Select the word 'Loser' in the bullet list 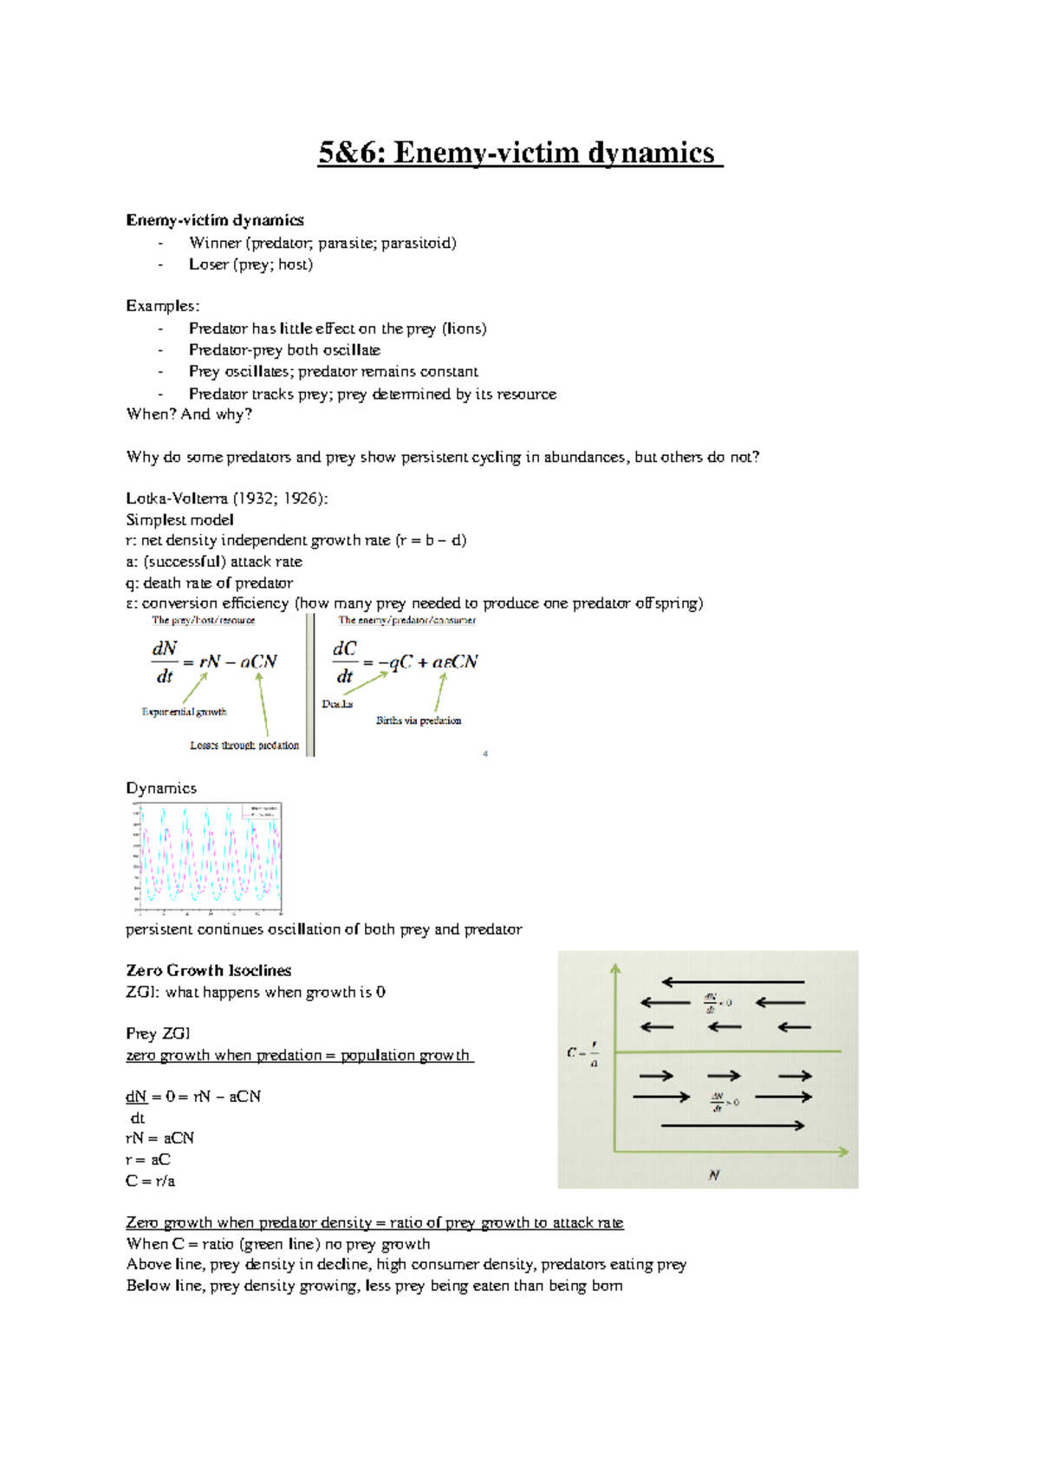pos(209,265)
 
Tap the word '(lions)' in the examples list pos(464,329)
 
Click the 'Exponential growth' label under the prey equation pos(184,713)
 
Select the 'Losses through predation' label pos(244,746)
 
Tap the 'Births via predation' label pos(419,720)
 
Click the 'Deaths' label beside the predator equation pos(337,704)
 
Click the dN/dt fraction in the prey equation pos(165,662)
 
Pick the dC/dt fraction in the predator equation pos(345,662)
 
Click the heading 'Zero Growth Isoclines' pos(208,971)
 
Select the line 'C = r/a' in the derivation pos(150,1182)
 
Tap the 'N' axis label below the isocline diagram pos(714,1176)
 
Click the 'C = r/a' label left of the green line pos(582,1053)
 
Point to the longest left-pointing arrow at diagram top pos(733,982)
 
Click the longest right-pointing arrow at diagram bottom pos(733,1125)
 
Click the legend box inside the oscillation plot pos(262,811)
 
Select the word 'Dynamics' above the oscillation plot pos(161,789)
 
